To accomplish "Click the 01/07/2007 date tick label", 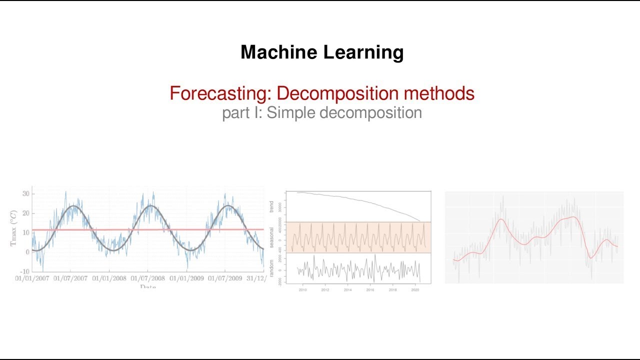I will click(x=70, y=278).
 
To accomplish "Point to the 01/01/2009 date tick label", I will click(x=186, y=278).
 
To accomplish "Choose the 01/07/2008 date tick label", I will click(x=147, y=278).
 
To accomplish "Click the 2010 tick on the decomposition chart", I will click(x=302, y=289).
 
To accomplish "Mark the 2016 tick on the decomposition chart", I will click(x=370, y=289).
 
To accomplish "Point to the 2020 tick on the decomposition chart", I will click(x=415, y=289).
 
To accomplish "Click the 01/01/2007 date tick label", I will click(x=32, y=278).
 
